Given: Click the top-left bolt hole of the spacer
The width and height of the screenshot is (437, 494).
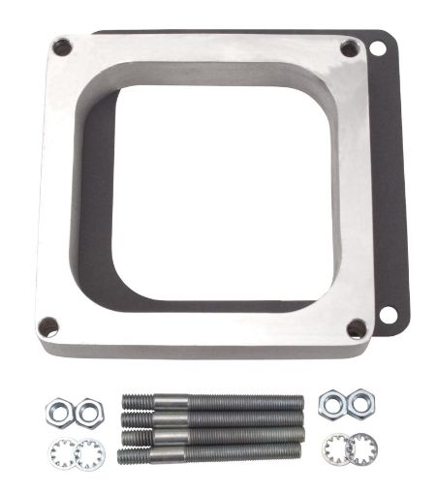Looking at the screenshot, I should (62, 46).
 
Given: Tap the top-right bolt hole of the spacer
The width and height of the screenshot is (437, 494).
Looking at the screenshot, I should (349, 47).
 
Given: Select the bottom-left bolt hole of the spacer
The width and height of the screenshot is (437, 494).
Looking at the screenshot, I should (47, 326).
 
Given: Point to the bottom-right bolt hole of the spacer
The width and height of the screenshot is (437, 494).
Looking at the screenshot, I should (357, 327).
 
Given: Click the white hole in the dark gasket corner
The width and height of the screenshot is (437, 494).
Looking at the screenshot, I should (388, 315).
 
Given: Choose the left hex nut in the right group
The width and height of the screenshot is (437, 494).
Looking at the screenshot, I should (331, 404).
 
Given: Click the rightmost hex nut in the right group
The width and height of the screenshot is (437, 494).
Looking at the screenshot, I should (360, 404).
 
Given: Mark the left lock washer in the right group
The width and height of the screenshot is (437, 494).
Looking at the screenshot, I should (335, 447).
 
